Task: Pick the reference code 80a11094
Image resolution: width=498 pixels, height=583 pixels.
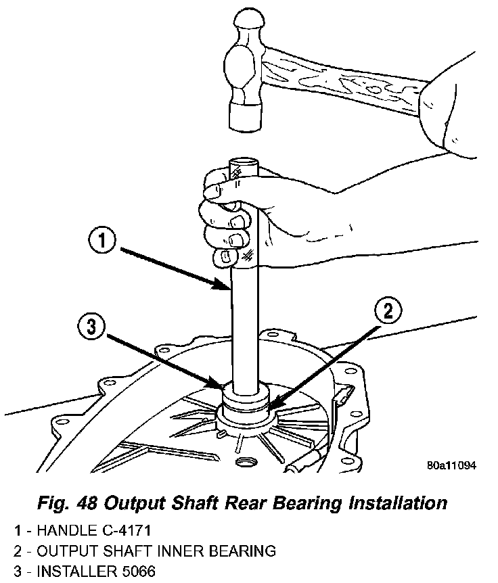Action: tap(451, 465)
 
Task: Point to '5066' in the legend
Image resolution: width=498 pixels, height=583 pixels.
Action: tap(136, 572)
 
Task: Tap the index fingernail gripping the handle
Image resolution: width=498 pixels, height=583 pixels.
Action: tap(211, 192)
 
